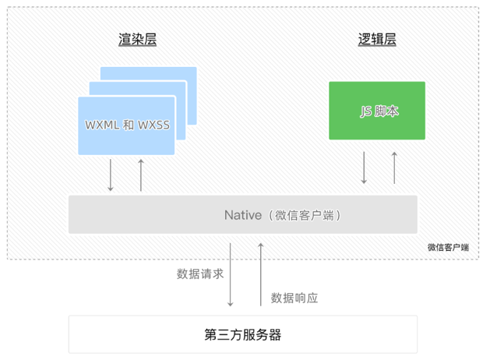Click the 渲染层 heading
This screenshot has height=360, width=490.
tap(138, 40)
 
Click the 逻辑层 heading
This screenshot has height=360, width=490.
tap(377, 40)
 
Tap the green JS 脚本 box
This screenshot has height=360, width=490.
tap(377, 111)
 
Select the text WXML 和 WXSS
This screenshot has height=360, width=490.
tap(127, 125)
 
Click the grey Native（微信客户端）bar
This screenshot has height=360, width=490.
tap(243, 214)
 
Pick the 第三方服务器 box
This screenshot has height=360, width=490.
tap(243, 334)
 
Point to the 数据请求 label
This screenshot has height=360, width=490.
tap(200, 274)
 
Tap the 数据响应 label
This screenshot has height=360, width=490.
tap(294, 298)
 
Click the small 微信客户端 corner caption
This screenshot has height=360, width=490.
tap(448, 248)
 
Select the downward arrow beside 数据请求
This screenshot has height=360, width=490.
tap(231, 275)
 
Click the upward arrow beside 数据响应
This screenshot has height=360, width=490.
tap(261, 275)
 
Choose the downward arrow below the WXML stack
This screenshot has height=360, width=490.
tap(111, 175)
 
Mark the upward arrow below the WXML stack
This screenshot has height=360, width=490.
tap(141, 175)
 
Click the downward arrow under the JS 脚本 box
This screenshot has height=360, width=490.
tap(364, 168)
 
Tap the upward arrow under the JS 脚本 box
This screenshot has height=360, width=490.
tap(394, 168)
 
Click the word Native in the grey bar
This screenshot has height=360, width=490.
tap(243, 215)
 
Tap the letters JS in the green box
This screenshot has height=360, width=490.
tap(366, 111)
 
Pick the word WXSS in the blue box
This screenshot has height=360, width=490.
tap(153, 125)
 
